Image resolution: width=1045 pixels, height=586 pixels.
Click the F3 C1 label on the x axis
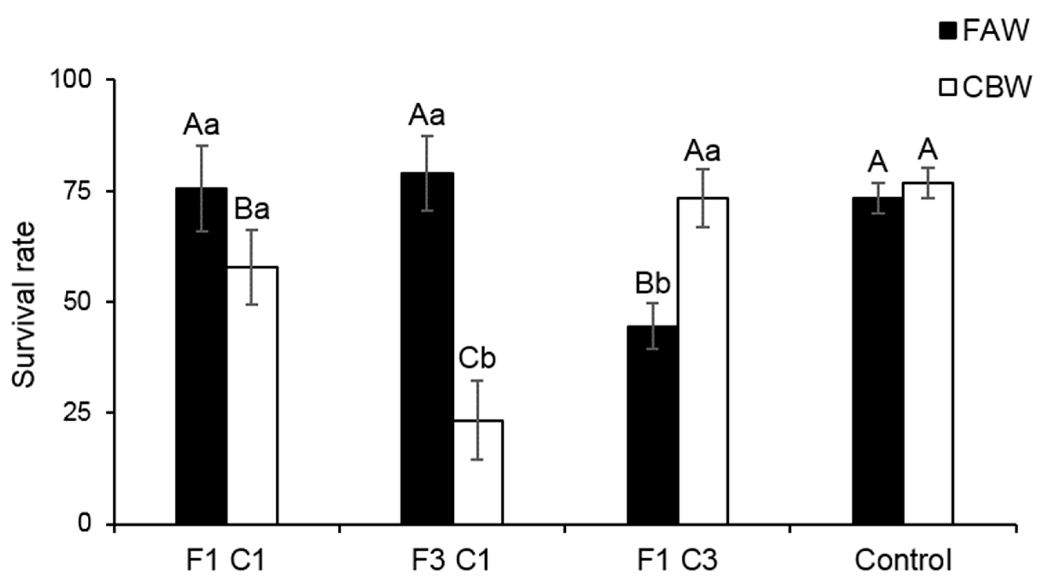(x=451, y=560)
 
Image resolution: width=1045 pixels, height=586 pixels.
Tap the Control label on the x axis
(x=903, y=560)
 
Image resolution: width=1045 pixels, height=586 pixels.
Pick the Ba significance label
(x=252, y=210)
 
